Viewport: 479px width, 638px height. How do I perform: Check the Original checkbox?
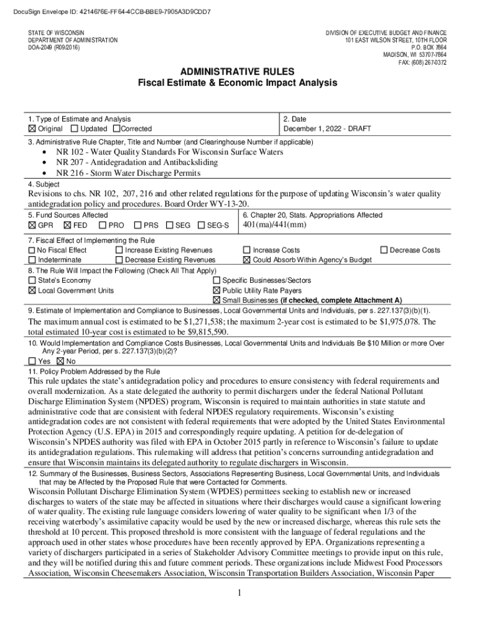32,129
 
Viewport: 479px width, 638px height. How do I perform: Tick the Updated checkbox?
75,129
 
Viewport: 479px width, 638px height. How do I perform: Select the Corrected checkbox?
116,129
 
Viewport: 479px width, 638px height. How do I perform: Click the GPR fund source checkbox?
32,225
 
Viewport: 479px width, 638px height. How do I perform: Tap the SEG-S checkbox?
201,225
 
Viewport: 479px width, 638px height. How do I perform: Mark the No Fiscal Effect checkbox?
32,250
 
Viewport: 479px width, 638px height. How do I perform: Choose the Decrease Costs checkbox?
384,250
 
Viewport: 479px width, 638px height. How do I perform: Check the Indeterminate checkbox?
32,260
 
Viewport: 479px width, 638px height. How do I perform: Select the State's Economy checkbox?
32,281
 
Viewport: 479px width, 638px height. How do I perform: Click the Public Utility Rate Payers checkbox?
216,290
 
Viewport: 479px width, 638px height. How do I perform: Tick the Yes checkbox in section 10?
32,361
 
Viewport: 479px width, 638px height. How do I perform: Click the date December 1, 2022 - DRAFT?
327,129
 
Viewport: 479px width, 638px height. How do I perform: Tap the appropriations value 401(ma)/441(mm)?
274,224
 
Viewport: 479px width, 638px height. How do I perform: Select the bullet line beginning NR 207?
137,163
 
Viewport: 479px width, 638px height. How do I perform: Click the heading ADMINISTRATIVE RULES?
238,72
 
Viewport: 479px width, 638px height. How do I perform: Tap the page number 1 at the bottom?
239,593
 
